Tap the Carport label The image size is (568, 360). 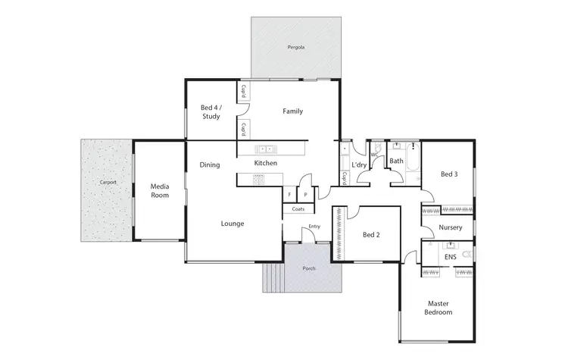click(107, 183)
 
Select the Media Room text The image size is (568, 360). click(159, 190)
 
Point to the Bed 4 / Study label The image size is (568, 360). click(211, 112)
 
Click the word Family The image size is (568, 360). click(292, 111)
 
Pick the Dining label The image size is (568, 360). click(210, 164)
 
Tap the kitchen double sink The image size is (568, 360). click(265, 149)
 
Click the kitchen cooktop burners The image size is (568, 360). click(258, 180)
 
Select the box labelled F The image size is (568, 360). click(289, 195)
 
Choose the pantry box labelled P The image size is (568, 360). click(305, 195)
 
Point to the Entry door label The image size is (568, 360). click(314, 226)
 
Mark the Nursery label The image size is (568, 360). click(451, 227)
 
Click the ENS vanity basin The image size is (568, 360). click(452, 246)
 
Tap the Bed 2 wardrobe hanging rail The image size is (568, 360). click(338, 235)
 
